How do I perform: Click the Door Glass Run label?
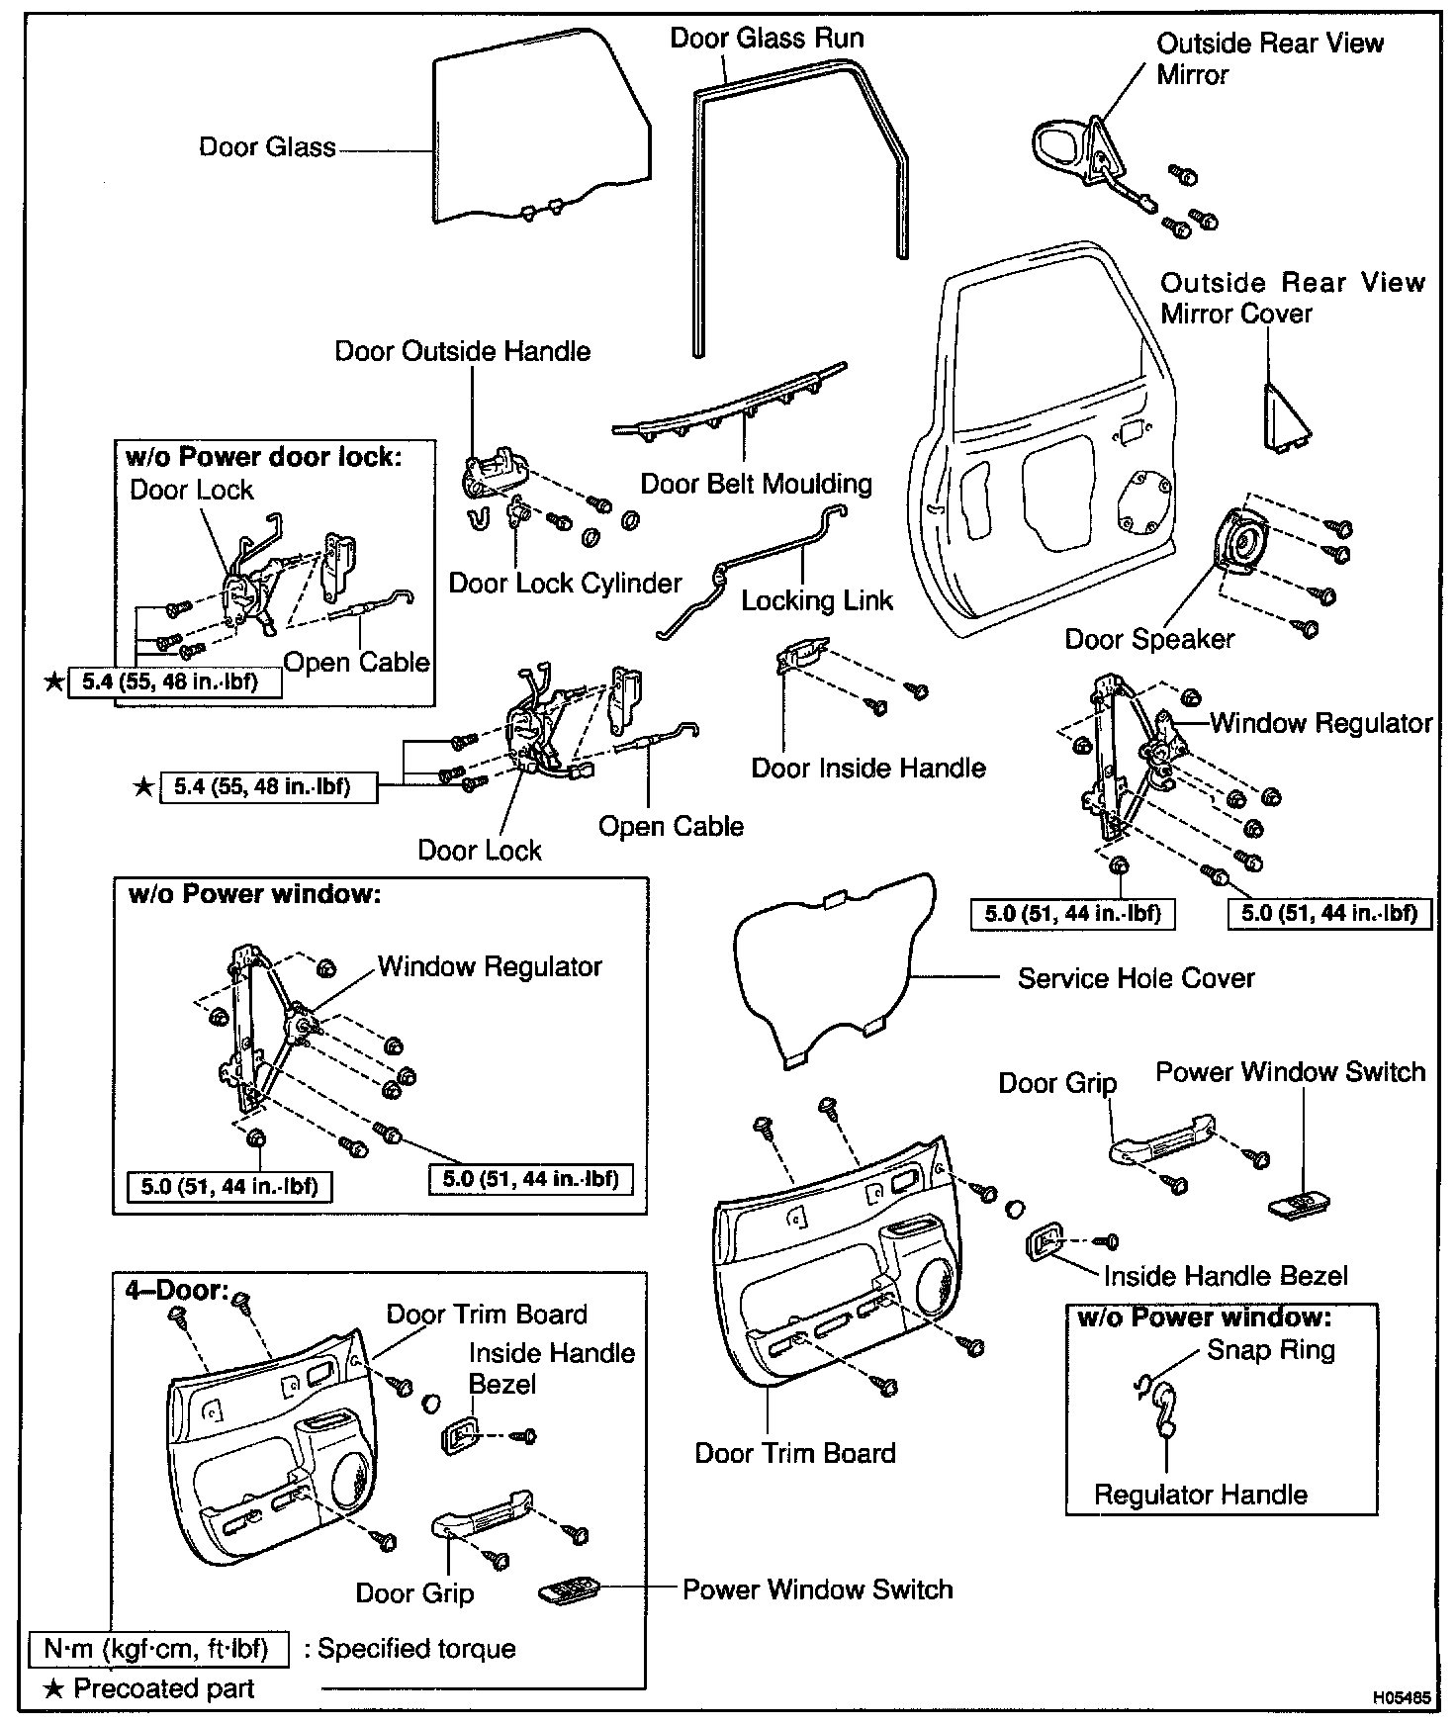[767, 39]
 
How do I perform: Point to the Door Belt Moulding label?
[757, 484]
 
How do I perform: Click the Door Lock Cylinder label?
[565, 583]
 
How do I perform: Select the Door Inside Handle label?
[868, 769]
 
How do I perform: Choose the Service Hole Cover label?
[1136, 978]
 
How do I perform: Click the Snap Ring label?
[1271, 1350]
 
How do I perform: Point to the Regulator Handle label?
[1200, 1495]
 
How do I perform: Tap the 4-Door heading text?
[176, 1291]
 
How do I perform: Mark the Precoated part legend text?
[163, 1688]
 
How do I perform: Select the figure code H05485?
[1401, 1698]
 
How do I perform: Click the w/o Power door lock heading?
[264, 457]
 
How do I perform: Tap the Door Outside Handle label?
[462, 351]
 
